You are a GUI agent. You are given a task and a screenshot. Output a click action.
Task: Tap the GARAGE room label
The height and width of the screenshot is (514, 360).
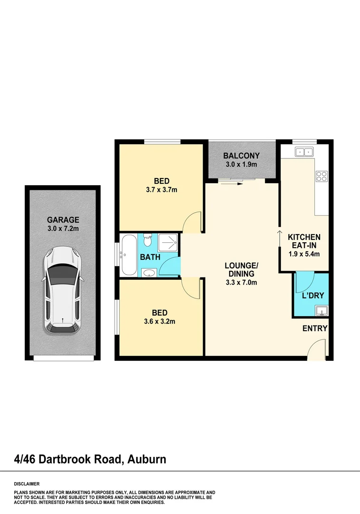63,220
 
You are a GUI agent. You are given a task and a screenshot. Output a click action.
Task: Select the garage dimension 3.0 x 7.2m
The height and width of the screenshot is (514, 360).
63,228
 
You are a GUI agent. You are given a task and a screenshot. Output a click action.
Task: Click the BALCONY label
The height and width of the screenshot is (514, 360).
242,156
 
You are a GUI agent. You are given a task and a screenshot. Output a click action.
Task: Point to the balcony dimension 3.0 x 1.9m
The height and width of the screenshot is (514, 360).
242,165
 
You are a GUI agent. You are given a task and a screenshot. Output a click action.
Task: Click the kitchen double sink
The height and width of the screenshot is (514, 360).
303,152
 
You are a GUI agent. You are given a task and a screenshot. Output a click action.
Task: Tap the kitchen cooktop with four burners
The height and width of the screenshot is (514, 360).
321,177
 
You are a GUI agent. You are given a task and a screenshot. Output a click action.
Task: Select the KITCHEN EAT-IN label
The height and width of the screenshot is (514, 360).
304,241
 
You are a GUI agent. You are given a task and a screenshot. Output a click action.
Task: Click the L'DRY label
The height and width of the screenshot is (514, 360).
313,296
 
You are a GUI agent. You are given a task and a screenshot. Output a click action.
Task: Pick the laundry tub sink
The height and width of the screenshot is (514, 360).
321,311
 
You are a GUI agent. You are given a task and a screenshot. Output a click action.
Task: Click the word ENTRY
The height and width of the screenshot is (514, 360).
315,328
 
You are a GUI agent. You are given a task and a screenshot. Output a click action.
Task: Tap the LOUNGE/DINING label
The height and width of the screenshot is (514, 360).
242,269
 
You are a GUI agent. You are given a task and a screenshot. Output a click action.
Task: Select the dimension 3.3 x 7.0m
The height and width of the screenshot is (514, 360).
241,283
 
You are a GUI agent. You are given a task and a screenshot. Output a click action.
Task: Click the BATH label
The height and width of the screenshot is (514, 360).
150,257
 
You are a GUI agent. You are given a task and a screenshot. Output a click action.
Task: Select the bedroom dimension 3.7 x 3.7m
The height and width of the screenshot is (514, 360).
161,190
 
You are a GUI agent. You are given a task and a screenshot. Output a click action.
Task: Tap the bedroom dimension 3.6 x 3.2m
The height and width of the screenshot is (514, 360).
160,321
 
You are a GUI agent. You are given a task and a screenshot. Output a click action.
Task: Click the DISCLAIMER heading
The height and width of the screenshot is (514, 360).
27,484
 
